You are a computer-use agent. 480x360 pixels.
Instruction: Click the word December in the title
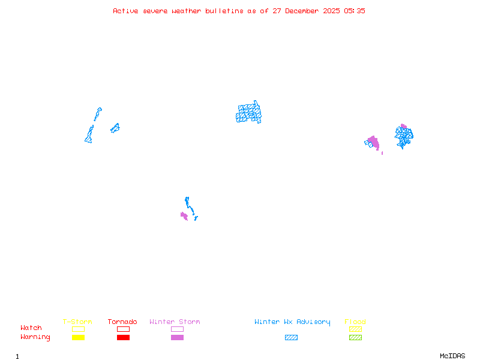click(302, 11)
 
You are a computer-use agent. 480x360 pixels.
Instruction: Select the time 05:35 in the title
click(355, 11)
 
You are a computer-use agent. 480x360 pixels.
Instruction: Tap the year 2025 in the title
click(331, 11)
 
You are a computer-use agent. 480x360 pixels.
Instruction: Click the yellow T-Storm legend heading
click(77, 322)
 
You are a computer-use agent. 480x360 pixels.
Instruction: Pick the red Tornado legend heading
click(122, 322)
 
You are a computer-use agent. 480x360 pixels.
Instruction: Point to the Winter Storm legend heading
click(175, 322)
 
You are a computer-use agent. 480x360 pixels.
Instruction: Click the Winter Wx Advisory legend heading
click(292, 322)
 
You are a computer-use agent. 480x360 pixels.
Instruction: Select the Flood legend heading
click(355, 322)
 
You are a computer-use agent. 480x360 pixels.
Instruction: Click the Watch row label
click(31, 328)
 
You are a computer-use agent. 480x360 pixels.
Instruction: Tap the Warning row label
click(35, 337)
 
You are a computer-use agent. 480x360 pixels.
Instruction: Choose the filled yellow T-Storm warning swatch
click(79, 337)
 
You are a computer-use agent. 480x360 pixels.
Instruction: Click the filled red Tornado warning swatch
click(124, 337)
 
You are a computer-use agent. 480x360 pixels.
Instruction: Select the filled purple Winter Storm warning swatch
click(177, 337)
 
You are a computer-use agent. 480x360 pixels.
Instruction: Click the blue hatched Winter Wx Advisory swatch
click(291, 337)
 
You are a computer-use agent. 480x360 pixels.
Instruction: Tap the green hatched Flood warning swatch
click(355, 337)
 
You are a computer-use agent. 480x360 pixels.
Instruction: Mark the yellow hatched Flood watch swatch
click(355, 329)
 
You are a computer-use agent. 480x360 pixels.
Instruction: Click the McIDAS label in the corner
click(452, 356)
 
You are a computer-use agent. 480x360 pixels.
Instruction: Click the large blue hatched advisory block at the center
click(248, 113)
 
